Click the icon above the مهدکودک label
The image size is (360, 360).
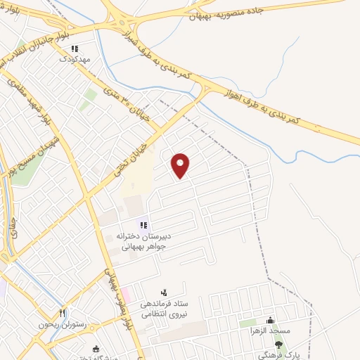(x=75, y=49)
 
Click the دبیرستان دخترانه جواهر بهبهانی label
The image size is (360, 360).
(x=142, y=241)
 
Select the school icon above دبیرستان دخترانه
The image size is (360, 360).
(x=143, y=225)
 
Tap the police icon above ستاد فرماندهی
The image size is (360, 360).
(x=165, y=292)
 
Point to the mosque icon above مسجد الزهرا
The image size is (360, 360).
(x=270, y=321)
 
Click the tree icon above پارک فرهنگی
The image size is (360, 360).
(x=278, y=345)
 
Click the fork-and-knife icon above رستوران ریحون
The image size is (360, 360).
(x=62, y=313)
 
